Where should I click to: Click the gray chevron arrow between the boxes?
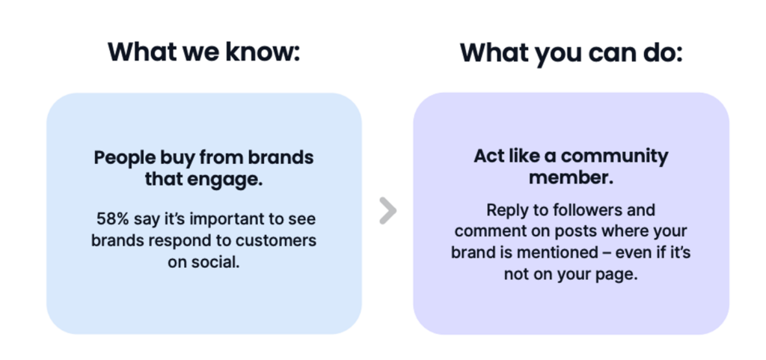tap(388, 211)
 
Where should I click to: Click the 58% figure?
tap(112, 219)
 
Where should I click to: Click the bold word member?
tap(571, 178)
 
